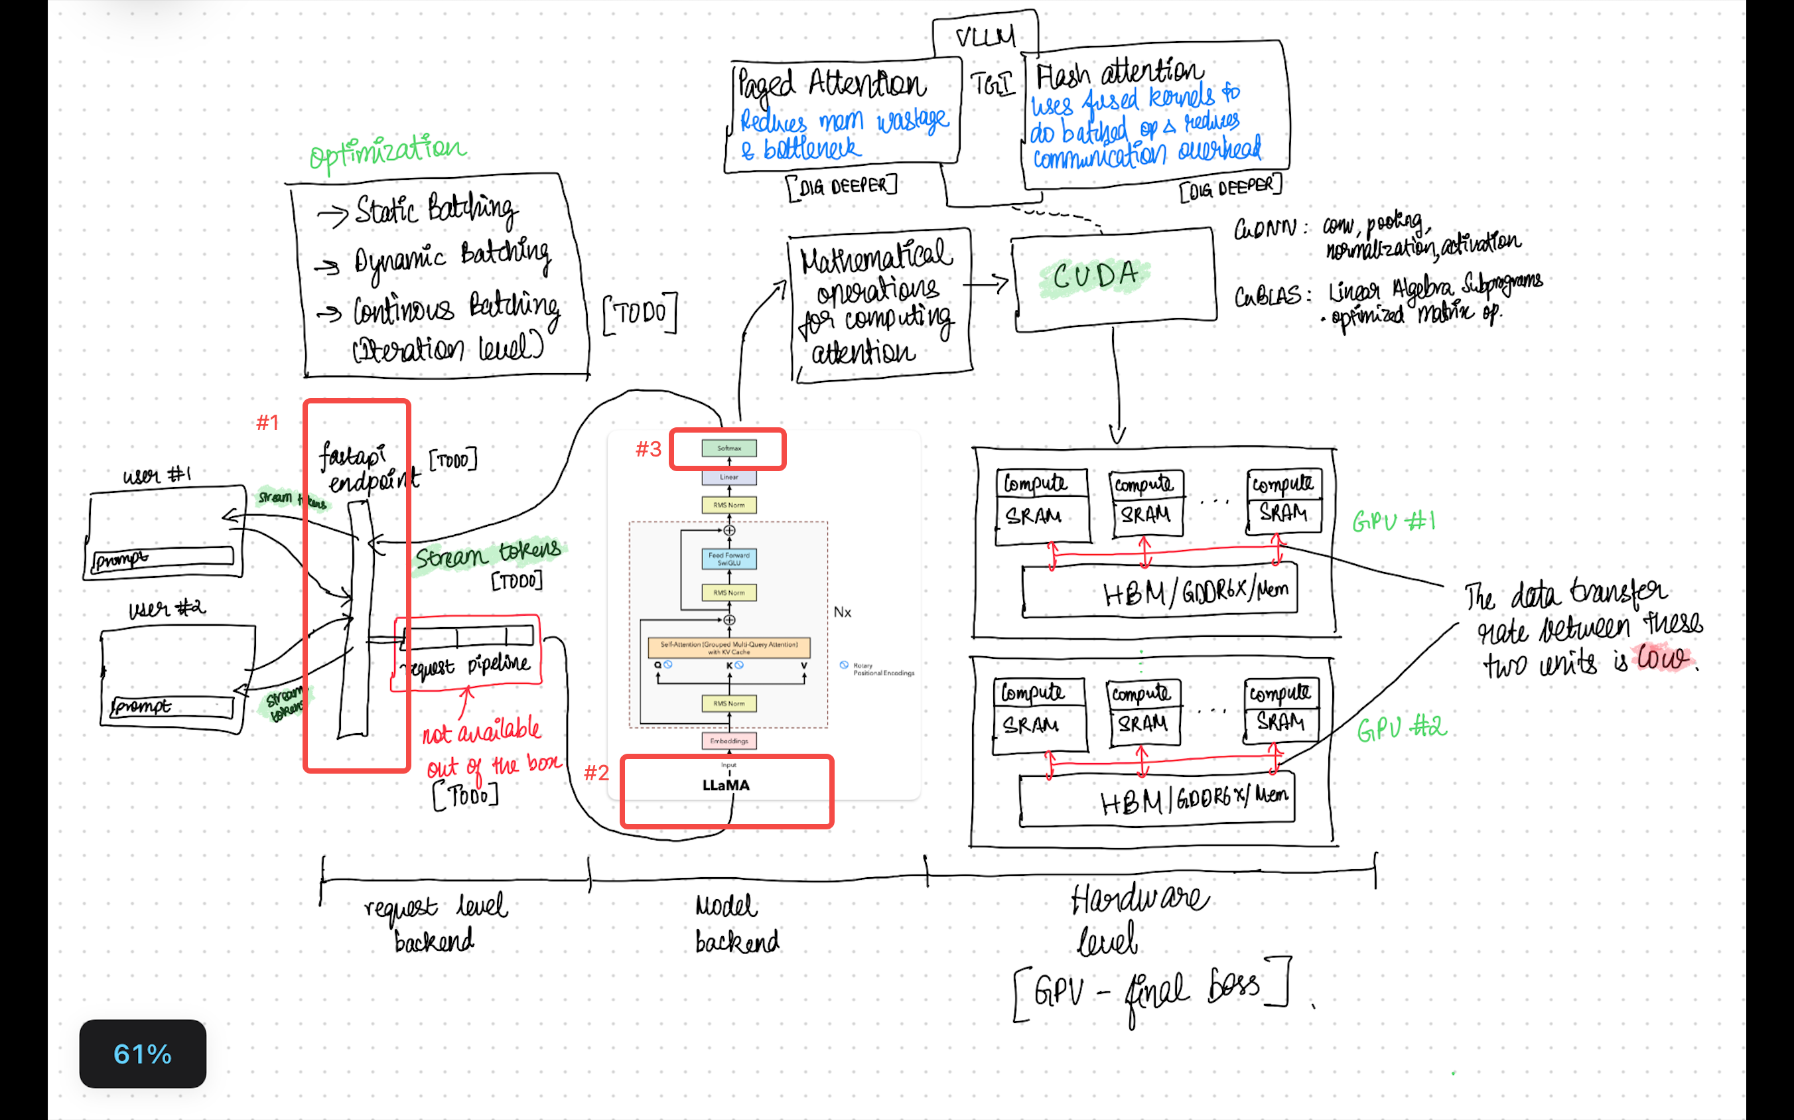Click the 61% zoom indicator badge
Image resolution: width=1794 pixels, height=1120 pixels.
pyautogui.click(x=142, y=1054)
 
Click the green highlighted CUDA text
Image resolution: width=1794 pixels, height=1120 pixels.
pyautogui.click(x=1095, y=276)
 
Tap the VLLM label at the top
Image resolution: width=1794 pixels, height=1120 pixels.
pyautogui.click(x=985, y=36)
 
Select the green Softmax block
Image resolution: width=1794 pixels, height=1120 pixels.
pyautogui.click(x=729, y=448)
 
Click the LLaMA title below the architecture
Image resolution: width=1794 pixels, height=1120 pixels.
pyautogui.click(x=726, y=785)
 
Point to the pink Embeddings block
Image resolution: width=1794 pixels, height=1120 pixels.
pyautogui.click(x=729, y=740)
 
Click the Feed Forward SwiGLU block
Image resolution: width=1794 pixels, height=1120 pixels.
pyautogui.click(x=729, y=559)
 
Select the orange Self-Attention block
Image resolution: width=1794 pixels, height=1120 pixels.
pyautogui.click(x=729, y=648)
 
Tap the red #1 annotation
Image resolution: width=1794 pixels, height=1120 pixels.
pyautogui.click(x=267, y=423)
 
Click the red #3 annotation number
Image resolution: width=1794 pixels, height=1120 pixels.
pyautogui.click(x=648, y=449)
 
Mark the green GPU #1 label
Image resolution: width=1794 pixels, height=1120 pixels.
pyautogui.click(x=1393, y=522)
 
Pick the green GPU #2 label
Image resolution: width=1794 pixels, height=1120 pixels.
pyautogui.click(x=1400, y=729)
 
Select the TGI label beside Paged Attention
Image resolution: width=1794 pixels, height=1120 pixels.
pyautogui.click(x=991, y=84)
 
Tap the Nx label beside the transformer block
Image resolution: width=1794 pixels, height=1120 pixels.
pyautogui.click(x=842, y=612)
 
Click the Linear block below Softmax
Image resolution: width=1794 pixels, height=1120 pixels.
pyautogui.click(x=729, y=477)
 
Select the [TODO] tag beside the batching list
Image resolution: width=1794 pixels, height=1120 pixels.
pyautogui.click(x=641, y=314)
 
